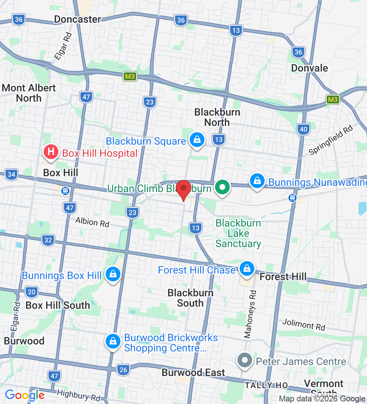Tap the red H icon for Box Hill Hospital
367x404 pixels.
pos(51,152)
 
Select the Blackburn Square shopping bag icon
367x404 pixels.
pos(197,140)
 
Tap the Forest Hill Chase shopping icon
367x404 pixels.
pos(247,269)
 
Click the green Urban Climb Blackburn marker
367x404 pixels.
pos(222,187)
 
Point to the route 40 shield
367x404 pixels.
pos(303,129)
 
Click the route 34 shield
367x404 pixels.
pos(11,174)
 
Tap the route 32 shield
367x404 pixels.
pos(48,240)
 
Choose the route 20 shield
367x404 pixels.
pos(32,292)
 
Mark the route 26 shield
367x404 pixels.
pos(123,369)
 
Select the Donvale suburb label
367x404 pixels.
pos(309,68)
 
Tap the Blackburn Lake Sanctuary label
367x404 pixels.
pos(238,233)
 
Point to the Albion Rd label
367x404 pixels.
pos(92,222)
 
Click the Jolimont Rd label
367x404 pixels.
pos(304,324)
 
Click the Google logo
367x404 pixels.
pos(25,395)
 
